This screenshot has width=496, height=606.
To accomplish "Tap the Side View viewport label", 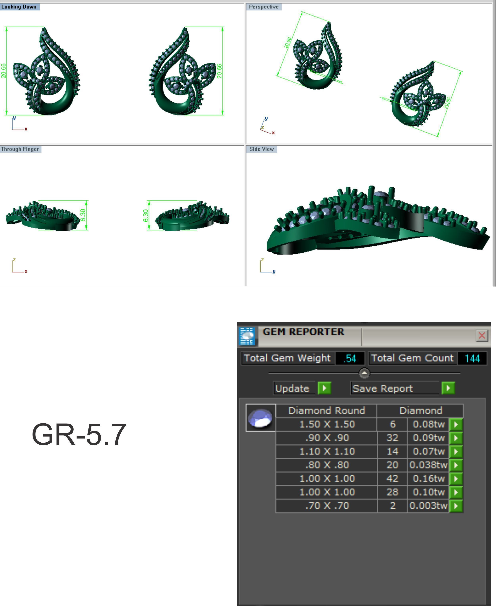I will pos(261,149).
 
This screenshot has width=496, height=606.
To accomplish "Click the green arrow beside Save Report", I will pos(448,388).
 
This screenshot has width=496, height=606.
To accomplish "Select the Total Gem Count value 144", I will pos(472,358).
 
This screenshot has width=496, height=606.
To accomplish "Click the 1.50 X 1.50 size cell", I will pos(327,424).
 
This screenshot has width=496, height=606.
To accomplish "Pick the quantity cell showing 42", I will pos(392,478).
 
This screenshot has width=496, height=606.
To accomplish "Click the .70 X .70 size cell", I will pos(327,506).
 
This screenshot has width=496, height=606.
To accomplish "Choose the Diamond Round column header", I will pos(327,410).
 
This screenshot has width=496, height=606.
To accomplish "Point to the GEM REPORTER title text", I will pos(303,332).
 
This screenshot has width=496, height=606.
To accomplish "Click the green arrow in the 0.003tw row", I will pos(456,506).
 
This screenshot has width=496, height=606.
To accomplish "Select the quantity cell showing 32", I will pos(392,438).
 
